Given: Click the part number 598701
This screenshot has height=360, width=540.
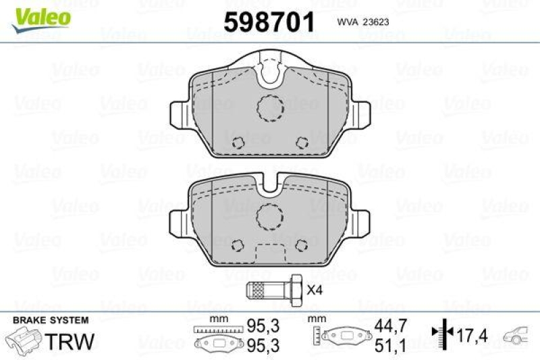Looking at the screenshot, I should [x=269, y=22].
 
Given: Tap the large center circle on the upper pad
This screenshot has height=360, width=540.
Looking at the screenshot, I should [x=270, y=108].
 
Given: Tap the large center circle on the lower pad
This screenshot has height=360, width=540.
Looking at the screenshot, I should [x=270, y=215].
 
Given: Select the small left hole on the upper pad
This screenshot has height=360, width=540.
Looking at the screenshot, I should [x=237, y=143].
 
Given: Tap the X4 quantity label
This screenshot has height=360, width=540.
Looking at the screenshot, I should [x=315, y=290].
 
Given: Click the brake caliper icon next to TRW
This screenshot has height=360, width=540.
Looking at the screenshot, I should [x=24, y=338].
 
